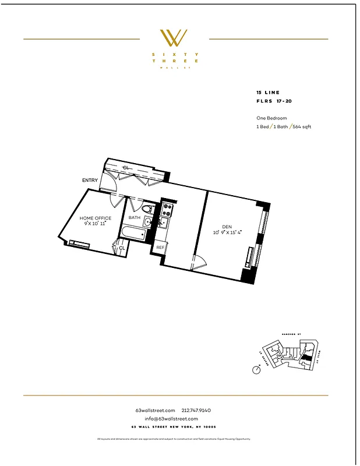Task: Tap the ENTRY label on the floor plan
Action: point(90,181)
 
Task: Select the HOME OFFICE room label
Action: point(95,218)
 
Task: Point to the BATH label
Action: point(135,218)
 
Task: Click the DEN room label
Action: point(227,227)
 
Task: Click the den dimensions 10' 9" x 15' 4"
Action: point(227,232)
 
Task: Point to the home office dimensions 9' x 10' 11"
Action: point(95,224)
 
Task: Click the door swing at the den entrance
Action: point(200,263)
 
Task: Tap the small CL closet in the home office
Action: point(122,249)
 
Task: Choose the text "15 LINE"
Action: point(268,93)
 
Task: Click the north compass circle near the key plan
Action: point(256,369)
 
